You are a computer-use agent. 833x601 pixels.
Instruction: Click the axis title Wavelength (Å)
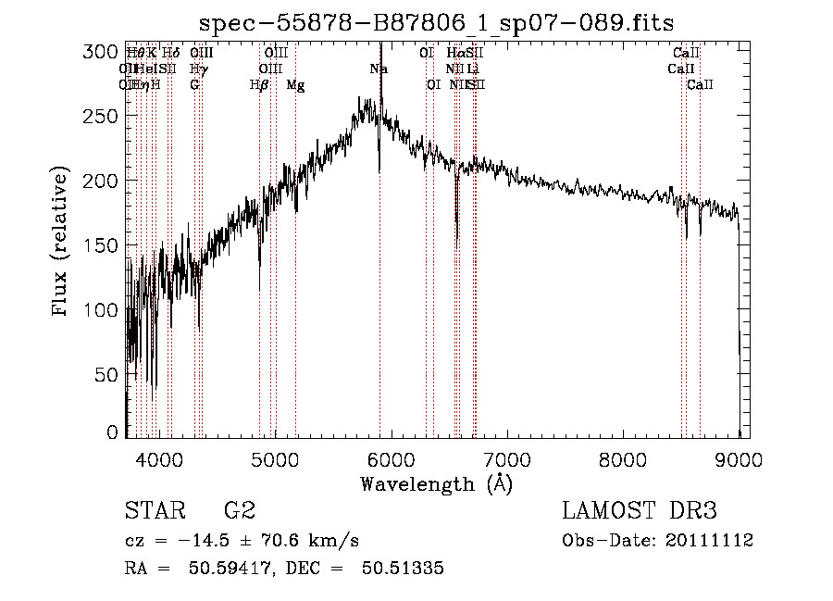click(x=436, y=483)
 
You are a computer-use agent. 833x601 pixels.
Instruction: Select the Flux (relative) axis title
click(x=62, y=243)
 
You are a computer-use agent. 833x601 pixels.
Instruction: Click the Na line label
click(x=379, y=69)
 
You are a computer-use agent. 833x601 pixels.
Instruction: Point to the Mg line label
click(x=295, y=85)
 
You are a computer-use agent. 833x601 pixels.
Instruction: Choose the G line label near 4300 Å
click(x=194, y=85)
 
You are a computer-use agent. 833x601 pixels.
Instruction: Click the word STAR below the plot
click(x=155, y=511)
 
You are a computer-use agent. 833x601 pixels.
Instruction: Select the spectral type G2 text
click(x=240, y=511)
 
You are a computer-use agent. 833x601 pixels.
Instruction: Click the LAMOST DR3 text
click(x=639, y=511)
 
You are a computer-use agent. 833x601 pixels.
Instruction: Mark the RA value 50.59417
click(x=218, y=569)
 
